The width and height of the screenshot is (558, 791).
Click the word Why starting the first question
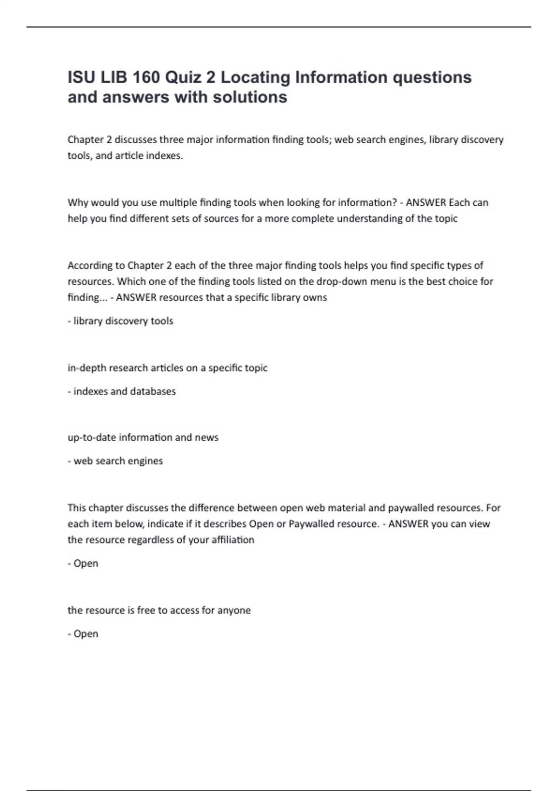[x=78, y=202]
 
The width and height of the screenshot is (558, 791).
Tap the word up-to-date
[x=92, y=437]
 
